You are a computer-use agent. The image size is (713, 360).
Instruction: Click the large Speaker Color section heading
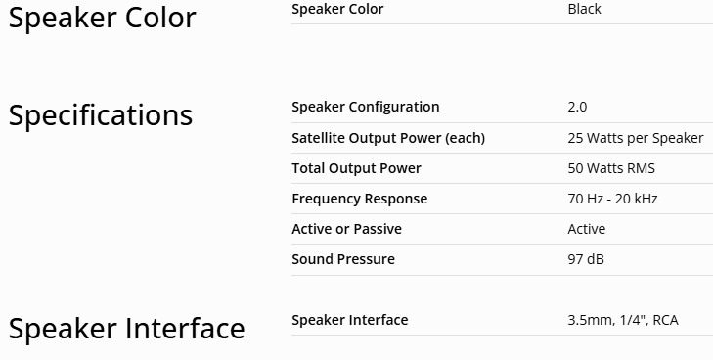point(103,19)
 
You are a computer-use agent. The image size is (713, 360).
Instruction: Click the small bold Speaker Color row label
point(337,9)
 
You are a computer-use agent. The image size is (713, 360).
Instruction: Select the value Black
point(584,9)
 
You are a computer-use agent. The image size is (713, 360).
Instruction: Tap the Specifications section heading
point(101,115)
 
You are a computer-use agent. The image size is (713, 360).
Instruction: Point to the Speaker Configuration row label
point(366,107)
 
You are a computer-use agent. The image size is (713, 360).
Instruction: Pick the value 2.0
point(577,107)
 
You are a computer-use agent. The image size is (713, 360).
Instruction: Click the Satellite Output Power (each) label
point(388,138)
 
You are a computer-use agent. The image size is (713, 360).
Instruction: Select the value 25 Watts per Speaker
point(635,138)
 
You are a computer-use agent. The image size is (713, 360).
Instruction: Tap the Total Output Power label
point(356,168)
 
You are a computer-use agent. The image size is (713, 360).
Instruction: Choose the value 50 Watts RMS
point(611,168)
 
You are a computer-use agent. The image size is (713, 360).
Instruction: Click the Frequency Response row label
point(360,199)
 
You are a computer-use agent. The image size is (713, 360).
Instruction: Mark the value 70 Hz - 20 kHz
point(612,199)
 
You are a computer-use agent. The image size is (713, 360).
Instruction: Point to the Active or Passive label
point(346,229)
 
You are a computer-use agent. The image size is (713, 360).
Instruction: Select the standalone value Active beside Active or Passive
point(587,229)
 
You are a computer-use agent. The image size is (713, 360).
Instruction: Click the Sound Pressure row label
point(343,259)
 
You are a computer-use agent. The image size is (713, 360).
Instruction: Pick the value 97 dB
point(586,259)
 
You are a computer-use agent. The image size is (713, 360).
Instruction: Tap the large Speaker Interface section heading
point(127,329)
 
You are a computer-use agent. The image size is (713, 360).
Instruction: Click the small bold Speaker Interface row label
point(350,320)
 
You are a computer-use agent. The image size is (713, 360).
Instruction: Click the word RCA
point(665,320)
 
